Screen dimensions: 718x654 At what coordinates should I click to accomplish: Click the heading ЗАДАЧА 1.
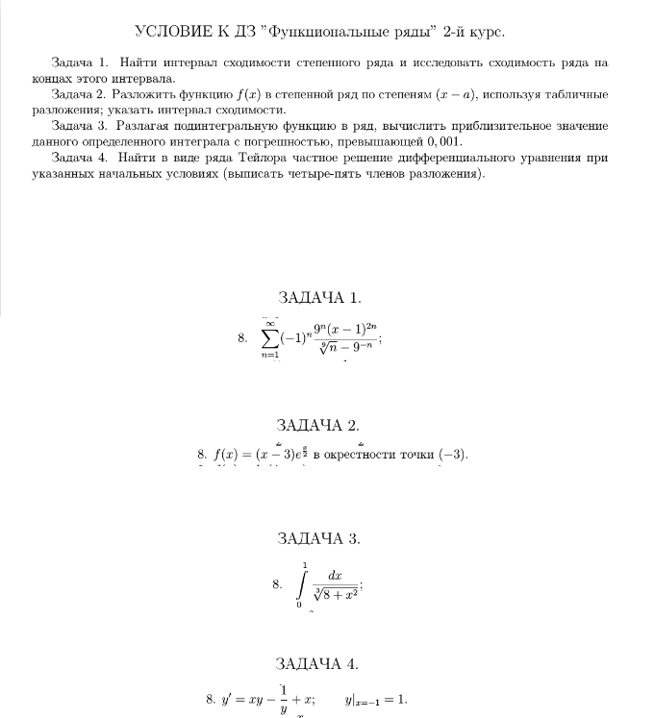[x=318, y=298]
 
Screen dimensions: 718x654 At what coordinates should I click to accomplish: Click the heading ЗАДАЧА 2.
[x=318, y=425]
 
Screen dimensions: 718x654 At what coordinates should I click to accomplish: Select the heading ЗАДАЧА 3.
[x=318, y=538]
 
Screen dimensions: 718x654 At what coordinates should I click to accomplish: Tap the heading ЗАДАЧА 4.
[x=318, y=663]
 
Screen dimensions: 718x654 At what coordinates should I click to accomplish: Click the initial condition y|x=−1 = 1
[x=376, y=700]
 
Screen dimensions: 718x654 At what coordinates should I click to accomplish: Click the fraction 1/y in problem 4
[x=284, y=701]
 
